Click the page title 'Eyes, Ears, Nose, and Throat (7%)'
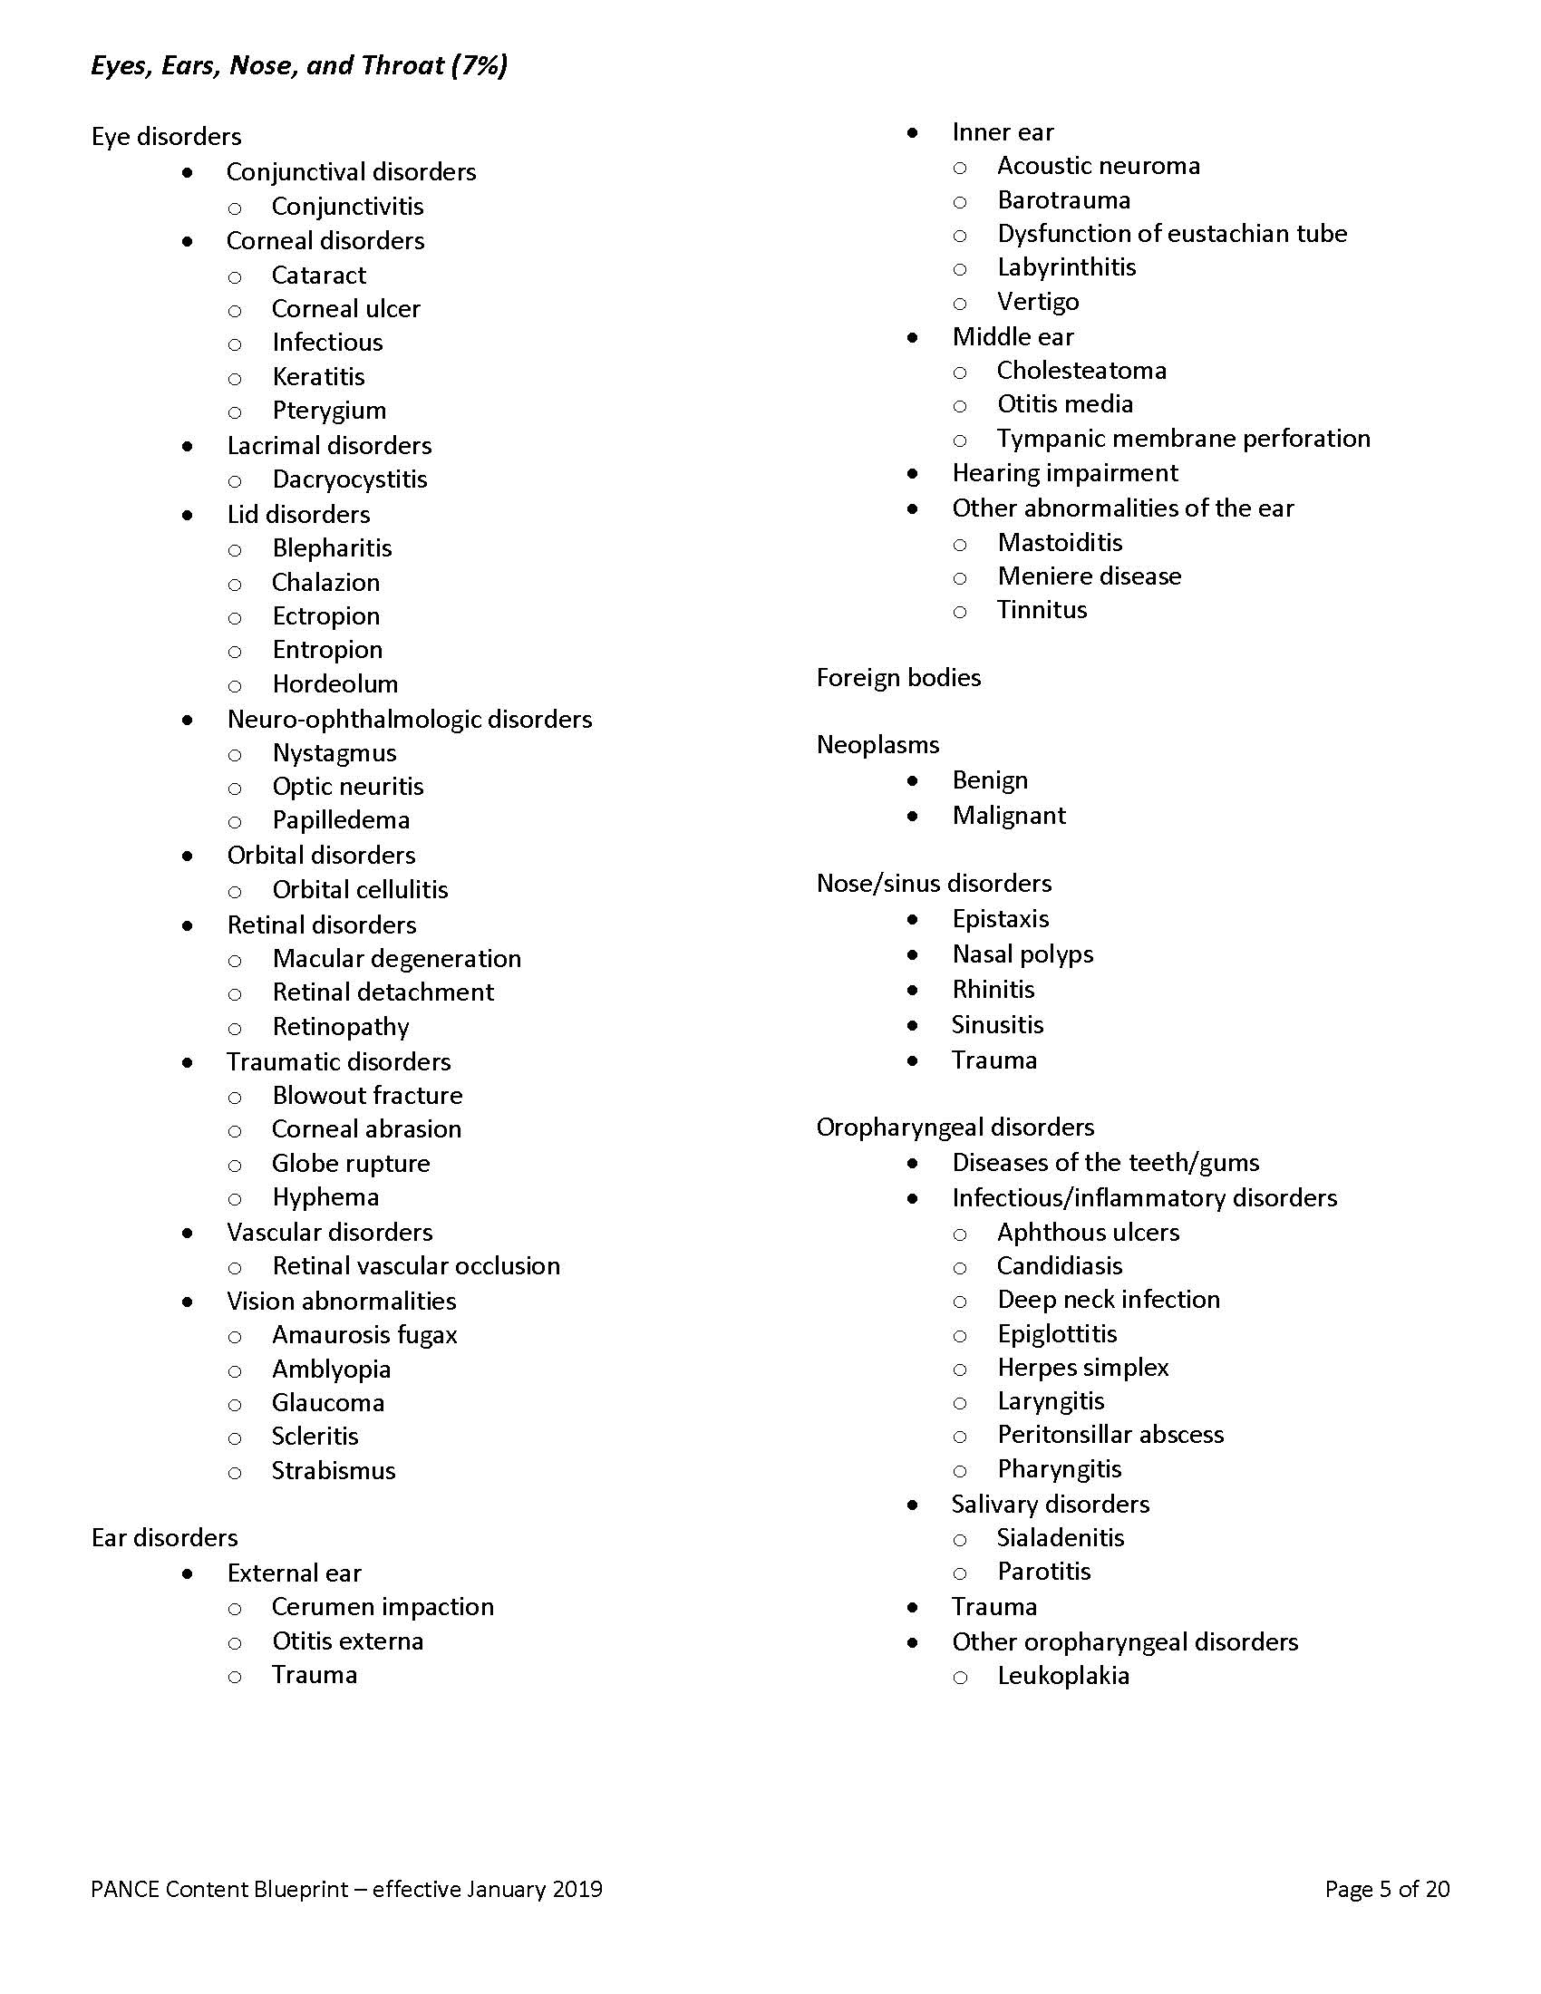tap(298, 66)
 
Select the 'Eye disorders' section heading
tap(166, 137)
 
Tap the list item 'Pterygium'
tap(329, 411)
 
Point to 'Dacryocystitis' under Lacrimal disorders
tap(349, 479)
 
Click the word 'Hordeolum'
tap(334, 683)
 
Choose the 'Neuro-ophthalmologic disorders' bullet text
tap(409, 720)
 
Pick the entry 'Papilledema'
tap(341, 820)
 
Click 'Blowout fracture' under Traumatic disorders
tap(367, 1095)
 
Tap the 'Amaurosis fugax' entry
tap(364, 1335)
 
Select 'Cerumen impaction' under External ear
tap(383, 1606)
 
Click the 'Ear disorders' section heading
tap(164, 1537)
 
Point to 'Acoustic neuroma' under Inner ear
tap(1099, 166)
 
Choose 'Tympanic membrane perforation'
tap(1183, 439)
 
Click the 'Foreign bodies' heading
tap(898, 677)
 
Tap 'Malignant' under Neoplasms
tap(1009, 816)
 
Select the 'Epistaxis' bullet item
tap(1001, 918)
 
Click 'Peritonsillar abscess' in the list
tap(1110, 1435)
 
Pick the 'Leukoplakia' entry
tap(1063, 1675)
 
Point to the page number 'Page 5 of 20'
tap(1387, 1889)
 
